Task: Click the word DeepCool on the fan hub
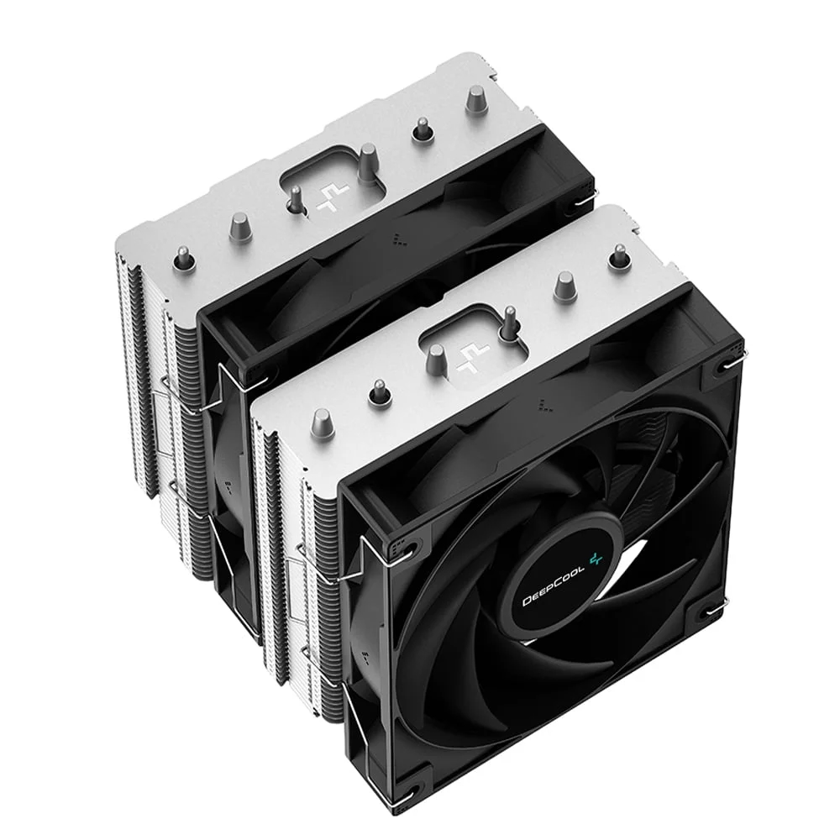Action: click(553, 588)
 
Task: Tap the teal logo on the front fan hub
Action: click(596, 559)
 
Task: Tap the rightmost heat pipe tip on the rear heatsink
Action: click(475, 100)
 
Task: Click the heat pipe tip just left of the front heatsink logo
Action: click(435, 359)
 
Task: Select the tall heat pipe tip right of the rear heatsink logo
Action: click(368, 165)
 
